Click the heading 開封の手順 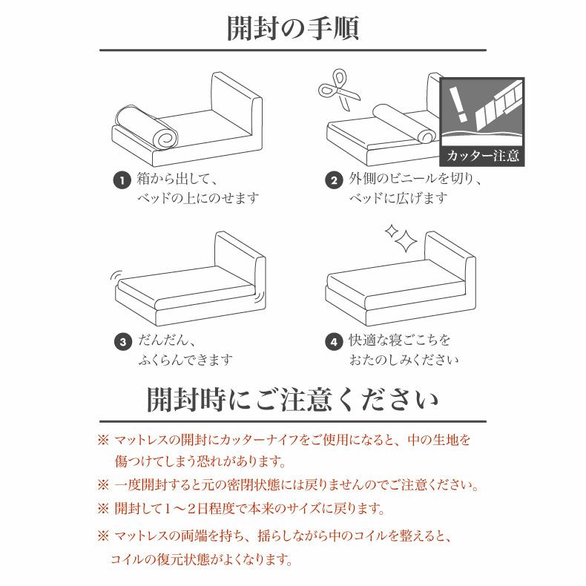point(292,28)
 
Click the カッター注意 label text point(482,156)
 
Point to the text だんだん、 point(167,341)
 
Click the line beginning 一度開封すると point(296,485)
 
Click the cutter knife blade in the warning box point(498,104)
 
